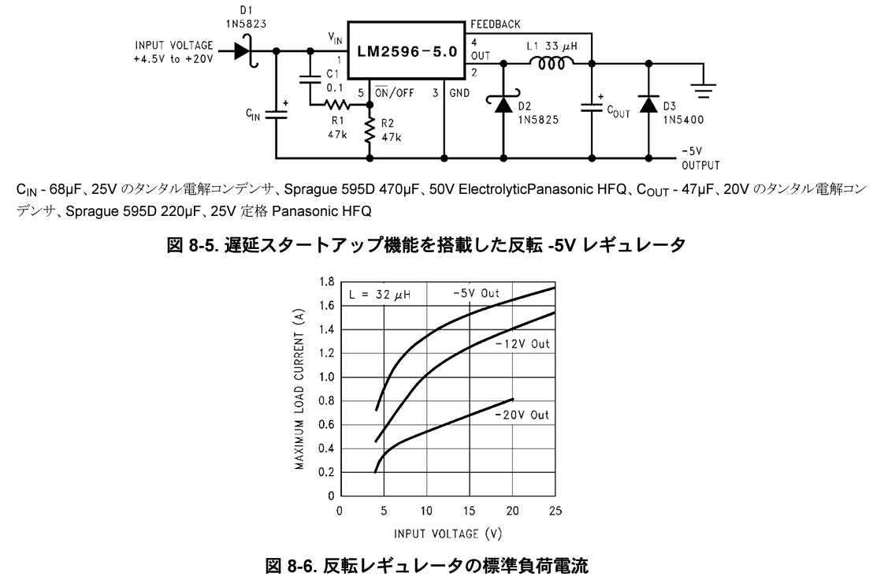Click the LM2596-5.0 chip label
coord(407,56)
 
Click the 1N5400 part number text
coord(682,121)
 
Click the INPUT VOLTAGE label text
coord(174,45)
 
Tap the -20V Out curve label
coord(522,415)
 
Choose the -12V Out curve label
coord(522,344)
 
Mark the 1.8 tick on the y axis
coord(324,281)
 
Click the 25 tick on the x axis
coord(555,511)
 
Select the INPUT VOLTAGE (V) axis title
coord(447,534)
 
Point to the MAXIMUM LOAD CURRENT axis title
coord(300,388)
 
